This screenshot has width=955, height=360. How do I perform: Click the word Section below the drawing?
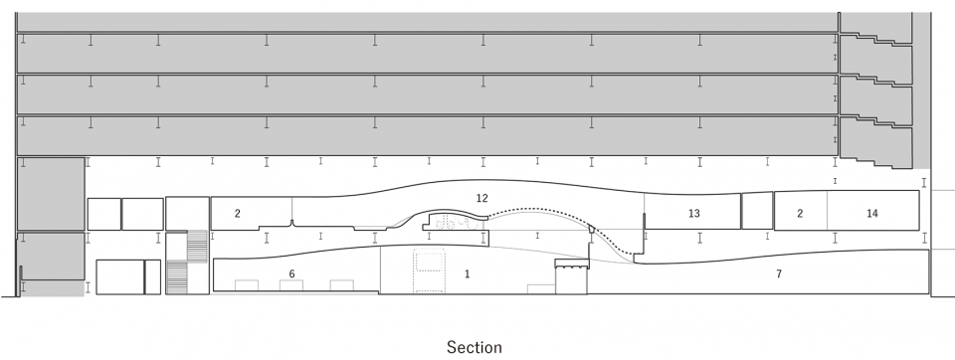pos(475,347)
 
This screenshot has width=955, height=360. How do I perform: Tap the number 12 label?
pos(482,198)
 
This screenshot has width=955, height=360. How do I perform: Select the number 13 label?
pos(693,213)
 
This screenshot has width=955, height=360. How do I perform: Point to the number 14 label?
pos(871,213)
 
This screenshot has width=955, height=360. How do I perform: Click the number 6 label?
pos(291,274)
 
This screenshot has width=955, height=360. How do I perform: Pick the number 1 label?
pos(468,274)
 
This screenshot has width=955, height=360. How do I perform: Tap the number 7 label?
pos(778,274)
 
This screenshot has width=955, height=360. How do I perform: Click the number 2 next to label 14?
pos(800,213)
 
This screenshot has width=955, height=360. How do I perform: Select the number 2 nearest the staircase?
pos(238,213)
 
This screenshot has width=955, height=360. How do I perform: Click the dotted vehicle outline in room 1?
pos(430,270)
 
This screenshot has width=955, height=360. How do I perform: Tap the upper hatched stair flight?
pos(197,246)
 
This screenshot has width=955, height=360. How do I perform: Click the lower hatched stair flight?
pos(177,277)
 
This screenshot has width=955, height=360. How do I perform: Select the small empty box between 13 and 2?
pos(757,211)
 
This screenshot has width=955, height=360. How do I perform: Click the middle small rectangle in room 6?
pos(291,285)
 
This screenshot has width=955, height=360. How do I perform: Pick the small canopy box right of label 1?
pos(572,264)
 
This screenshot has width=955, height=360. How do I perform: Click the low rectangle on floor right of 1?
pos(541,289)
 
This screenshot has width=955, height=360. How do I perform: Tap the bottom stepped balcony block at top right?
pos(875,143)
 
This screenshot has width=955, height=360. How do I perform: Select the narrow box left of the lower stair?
pos(153,277)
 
